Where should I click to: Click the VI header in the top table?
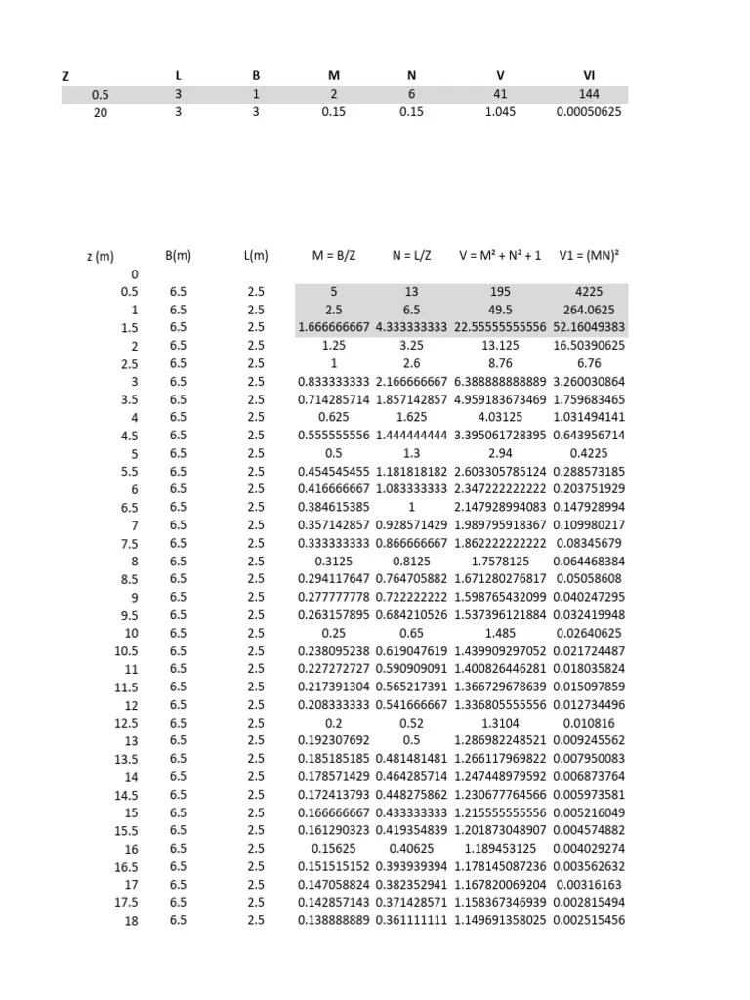tap(588, 75)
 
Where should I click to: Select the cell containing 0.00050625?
tap(588, 111)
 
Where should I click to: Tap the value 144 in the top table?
tap(588, 94)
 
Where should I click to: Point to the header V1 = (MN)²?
tap(588, 256)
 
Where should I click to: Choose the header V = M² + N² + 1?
tap(499, 256)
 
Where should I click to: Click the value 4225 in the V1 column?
tap(588, 291)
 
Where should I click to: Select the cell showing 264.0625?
tap(588, 310)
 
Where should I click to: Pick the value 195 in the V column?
tap(499, 291)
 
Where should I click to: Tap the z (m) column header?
tap(100, 257)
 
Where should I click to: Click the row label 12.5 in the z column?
tap(125, 724)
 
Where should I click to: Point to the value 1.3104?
tap(499, 723)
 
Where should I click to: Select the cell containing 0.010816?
tap(588, 723)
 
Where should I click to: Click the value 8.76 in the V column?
tap(499, 363)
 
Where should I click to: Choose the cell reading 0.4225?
tap(588, 453)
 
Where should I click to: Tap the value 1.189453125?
tap(499, 849)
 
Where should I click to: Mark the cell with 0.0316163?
tap(588, 885)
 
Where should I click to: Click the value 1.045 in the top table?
tap(499, 111)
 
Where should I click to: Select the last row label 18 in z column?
tap(131, 921)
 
